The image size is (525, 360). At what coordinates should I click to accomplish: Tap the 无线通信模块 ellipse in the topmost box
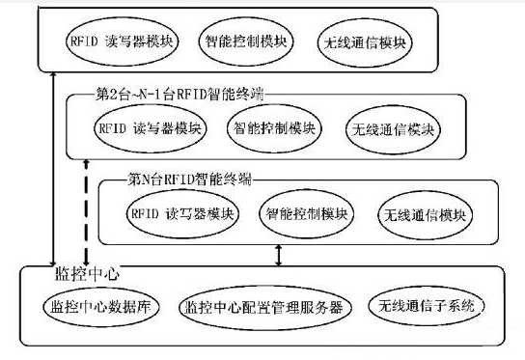[364, 43]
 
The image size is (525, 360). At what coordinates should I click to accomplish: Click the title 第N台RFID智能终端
[190, 179]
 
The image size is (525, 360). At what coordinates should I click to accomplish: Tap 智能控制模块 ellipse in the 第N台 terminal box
[305, 212]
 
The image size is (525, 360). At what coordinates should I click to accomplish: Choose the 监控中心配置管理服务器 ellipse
[262, 308]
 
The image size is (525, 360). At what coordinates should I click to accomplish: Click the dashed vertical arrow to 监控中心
[86, 212]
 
